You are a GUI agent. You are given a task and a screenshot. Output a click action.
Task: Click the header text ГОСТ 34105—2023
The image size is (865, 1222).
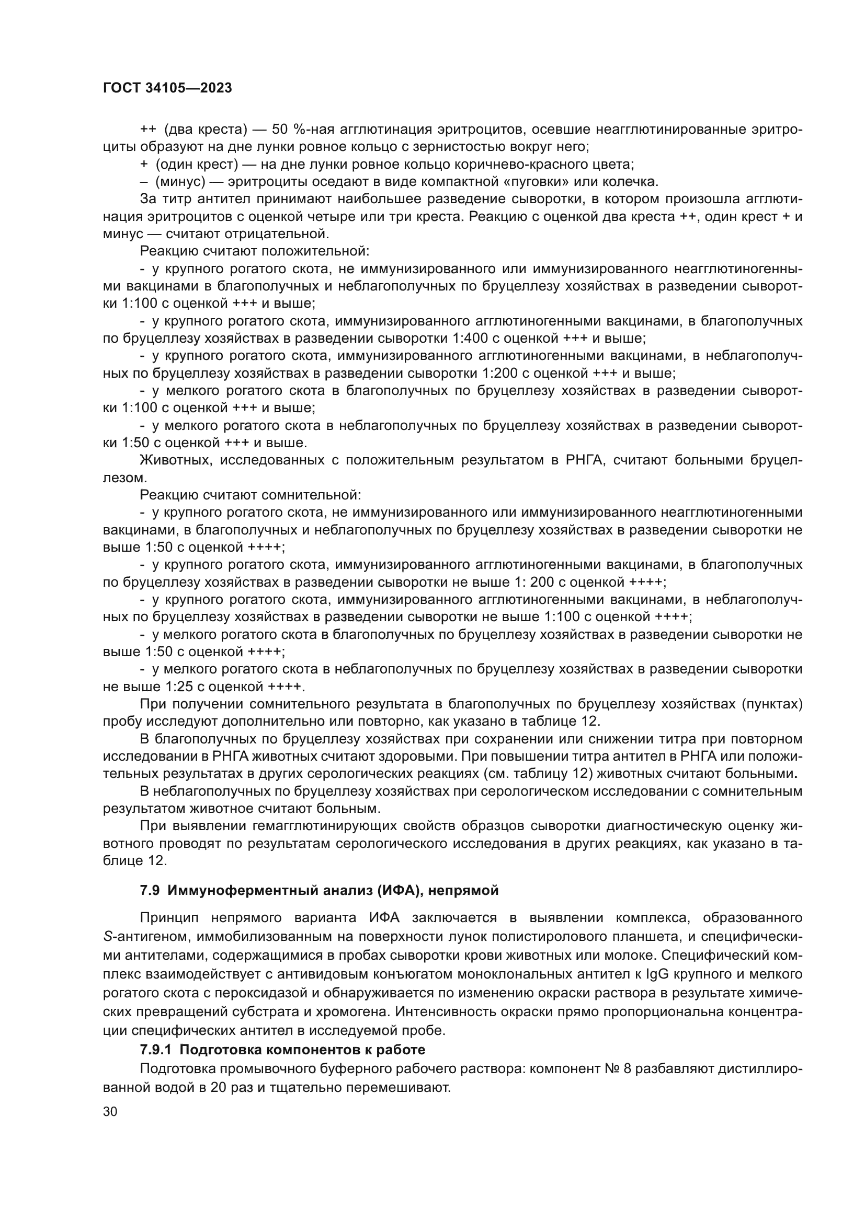[x=167, y=88]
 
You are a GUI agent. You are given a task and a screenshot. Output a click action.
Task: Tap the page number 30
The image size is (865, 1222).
[x=110, y=1112]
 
